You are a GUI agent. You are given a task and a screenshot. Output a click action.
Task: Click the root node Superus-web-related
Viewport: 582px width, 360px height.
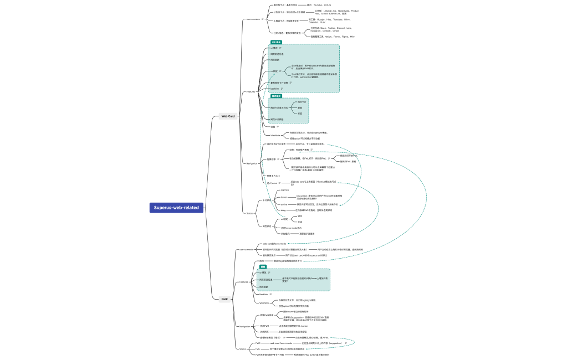tap(176, 208)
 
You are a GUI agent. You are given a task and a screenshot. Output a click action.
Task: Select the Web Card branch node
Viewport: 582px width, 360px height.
tap(228, 116)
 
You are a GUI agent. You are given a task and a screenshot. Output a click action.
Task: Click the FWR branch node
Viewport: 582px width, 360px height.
tap(224, 299)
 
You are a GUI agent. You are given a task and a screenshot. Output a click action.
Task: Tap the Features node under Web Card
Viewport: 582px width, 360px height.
tap(251, 92)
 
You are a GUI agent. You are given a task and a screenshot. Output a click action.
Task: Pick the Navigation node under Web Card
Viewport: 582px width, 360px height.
tap(252, 163)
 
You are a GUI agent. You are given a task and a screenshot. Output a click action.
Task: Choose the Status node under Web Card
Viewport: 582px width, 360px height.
tap(249, 213)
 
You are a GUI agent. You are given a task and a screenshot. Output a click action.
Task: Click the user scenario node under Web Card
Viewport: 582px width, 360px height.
tap(253, 19)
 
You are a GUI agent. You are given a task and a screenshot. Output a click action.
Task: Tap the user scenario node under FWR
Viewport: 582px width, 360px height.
tap(246, 250)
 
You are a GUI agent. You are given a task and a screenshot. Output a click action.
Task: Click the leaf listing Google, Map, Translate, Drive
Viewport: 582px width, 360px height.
tap(333, 20)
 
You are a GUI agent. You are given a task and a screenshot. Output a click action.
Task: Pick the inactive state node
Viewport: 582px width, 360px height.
tap(285, 190)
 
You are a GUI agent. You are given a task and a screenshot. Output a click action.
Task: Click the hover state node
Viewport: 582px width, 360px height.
tap(284, 197)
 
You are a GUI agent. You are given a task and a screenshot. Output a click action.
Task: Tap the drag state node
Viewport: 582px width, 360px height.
tap(283, 210)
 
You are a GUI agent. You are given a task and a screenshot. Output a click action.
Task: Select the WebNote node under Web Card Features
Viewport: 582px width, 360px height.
tap(275, 135)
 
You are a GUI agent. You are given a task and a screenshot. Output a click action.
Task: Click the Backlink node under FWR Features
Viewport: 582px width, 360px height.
tap(263, 295)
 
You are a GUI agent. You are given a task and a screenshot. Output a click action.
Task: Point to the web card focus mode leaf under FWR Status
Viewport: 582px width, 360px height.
tap(281, 343)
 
